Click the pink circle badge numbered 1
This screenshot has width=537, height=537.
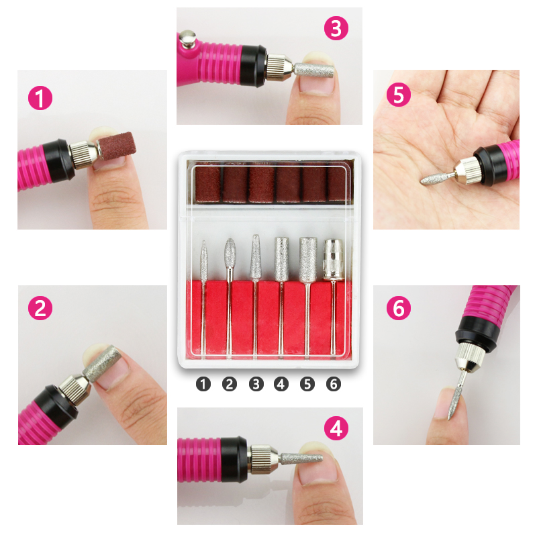tap(40, 99)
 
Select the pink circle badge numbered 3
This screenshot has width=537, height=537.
tap(336, 28)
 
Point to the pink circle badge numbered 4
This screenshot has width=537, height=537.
tap(336, 428)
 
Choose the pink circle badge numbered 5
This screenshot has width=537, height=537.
tap(399, 95)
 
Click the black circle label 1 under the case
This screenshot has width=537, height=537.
tap(203, 384)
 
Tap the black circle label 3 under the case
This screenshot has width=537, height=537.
tap(256, 384)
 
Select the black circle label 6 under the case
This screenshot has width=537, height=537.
tap(334, 384)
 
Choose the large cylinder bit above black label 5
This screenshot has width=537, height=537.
tap(307, 258)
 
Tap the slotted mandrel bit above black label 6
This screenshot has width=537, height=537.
tap(333, 258)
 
